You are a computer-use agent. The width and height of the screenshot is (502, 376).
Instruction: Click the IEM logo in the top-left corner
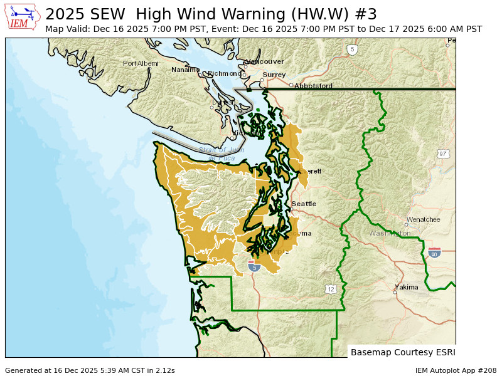pos(23,17)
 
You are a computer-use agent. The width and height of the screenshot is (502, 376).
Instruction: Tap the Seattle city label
pos(304,204)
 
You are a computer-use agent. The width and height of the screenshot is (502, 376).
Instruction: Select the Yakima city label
pos(406,287)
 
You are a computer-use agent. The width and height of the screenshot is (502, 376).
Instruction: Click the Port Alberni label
pos(141,63)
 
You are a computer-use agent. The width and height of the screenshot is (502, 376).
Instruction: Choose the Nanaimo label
pos(185,70)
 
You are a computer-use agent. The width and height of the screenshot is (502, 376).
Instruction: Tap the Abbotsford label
pos(313,86)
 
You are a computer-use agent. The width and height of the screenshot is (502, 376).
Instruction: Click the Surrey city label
pos(274,75)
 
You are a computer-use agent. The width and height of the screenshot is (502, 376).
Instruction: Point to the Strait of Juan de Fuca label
pos(222,154)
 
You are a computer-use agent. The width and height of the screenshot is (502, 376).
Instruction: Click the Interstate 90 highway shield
pos(434,253)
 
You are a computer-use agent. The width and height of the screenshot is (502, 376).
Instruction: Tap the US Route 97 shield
pos(443,154)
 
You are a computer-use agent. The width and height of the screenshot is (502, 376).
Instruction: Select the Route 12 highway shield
pos(331,289)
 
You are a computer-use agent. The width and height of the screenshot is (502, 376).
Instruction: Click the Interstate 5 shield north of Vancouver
pos(352,49)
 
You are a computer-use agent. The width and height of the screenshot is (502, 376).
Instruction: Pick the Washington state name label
pos(390,233)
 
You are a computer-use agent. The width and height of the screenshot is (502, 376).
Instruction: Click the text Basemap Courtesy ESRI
pos(402,352)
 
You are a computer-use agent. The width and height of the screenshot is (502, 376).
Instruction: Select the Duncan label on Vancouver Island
pos(223,102)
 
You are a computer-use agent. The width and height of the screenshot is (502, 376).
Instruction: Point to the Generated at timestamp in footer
pos(90,370)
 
